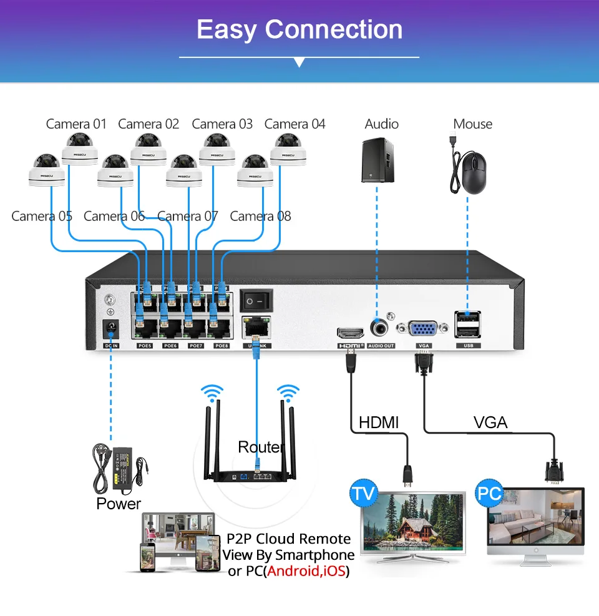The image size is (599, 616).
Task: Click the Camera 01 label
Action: pos(76,124)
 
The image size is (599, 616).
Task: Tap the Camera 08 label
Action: pos(260,217)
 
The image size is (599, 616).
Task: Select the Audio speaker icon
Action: pos(378,161)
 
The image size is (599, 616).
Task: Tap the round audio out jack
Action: pos(379,327)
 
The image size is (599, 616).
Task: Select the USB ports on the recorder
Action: pos(468,325)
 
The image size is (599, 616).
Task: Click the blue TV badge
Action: pos(363,494)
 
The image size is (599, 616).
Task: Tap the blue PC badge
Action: pos(490,494)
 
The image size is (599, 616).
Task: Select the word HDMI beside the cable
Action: pos(379,423)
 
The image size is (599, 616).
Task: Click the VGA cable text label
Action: pos(490,423)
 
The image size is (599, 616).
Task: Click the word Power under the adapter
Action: pos(119,504)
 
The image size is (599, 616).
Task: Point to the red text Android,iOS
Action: pos(306,571)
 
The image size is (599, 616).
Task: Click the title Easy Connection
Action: pos(299,29)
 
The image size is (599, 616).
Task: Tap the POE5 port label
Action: pos(144,345)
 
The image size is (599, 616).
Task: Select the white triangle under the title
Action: pos(299,63)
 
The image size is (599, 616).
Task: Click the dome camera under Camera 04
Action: pos(288,150)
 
